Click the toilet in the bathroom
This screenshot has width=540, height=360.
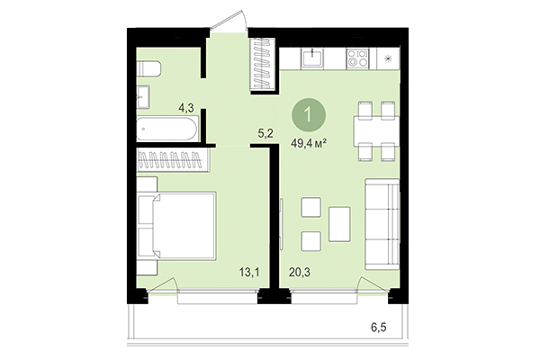coord(149,69)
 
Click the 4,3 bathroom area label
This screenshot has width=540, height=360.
coord(186,108)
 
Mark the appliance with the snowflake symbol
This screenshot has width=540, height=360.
coord(388,58)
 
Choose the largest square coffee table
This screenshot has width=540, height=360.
coord(339,223)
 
